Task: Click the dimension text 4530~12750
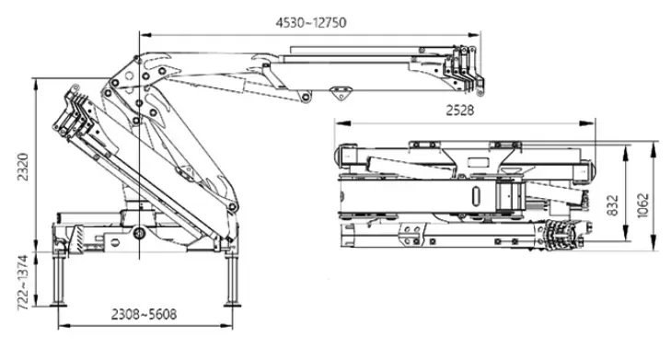pyautogui.click(x=311, y=22)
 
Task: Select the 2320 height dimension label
pyautogui.click(x=23, y=167)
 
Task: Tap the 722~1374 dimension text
pyautogui.click(x=23, y=283)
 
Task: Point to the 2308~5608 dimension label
pyautogui.click(x=144, y=315)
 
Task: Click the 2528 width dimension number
pyautogui.click(x=460, y=110)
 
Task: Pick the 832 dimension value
pyautogui.click(x=613, y=205)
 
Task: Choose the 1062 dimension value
pyautogui.click(x=643, y=205)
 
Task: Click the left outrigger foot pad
pyautogui.click(x=58, y=305)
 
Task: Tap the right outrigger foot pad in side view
pyautogui.click(x=232, y=305)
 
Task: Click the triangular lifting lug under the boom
pyautogui.click(x=341, y=92)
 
